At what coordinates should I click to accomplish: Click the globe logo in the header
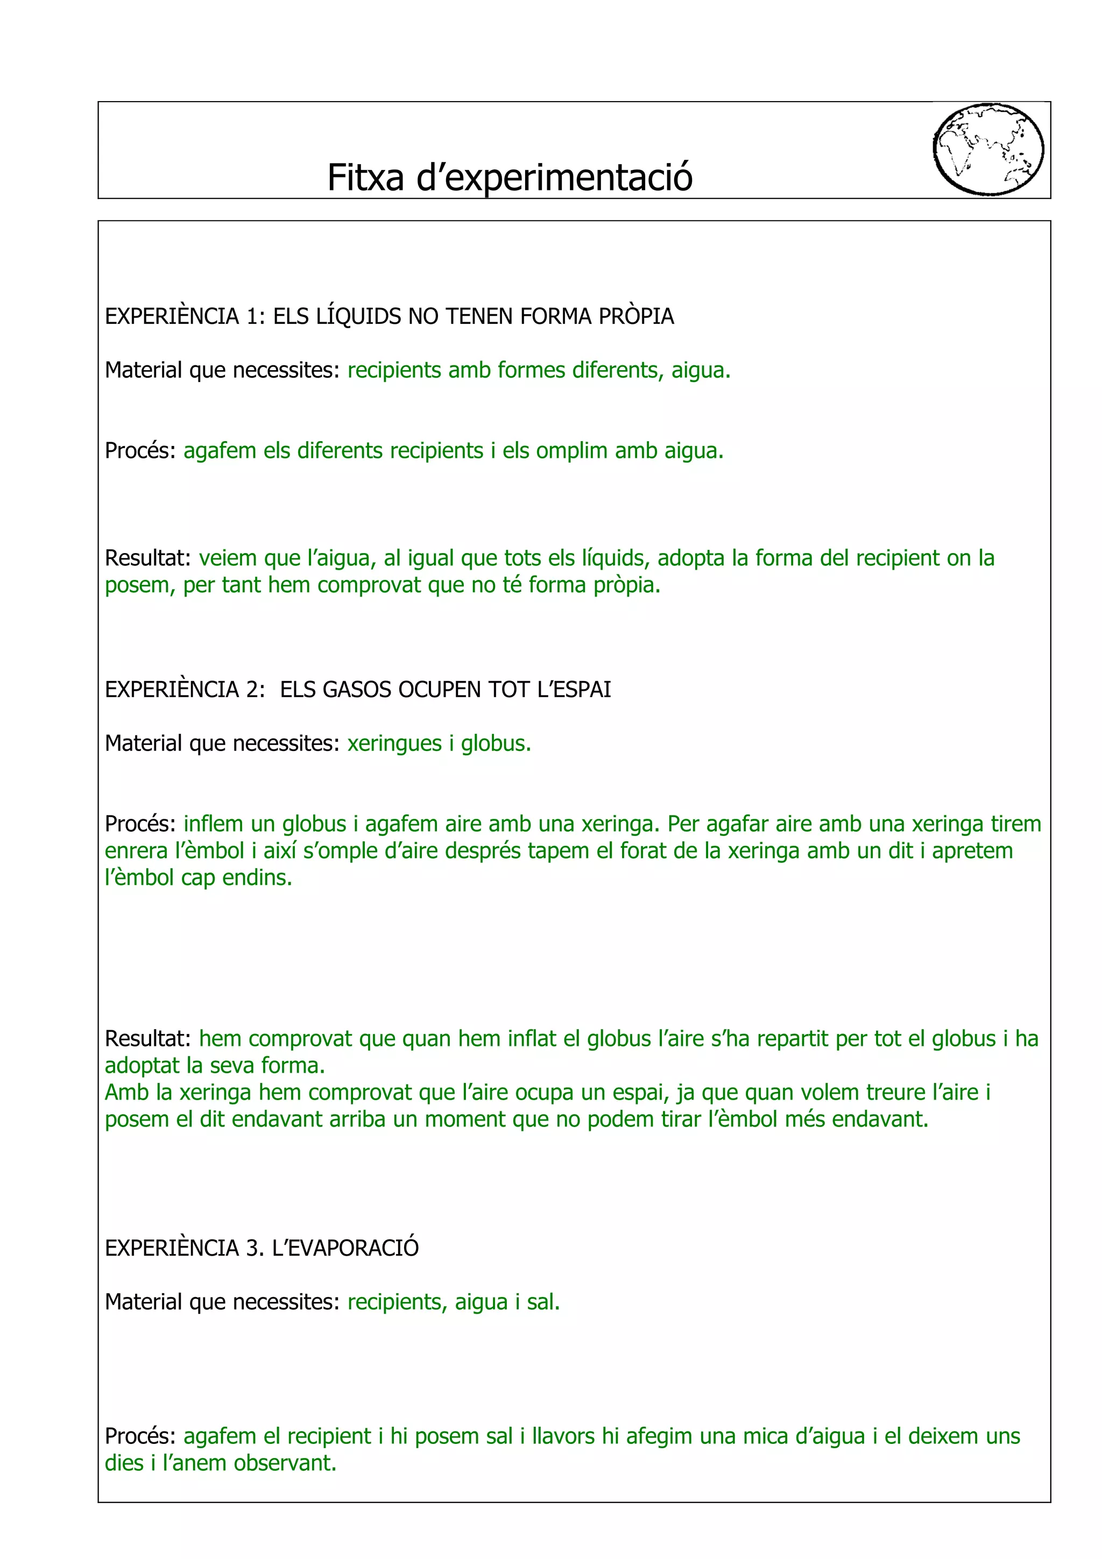point(988,150)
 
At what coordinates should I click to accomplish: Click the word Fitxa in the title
point(365,178)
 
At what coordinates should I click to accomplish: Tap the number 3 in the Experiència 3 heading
point(254,1248)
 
